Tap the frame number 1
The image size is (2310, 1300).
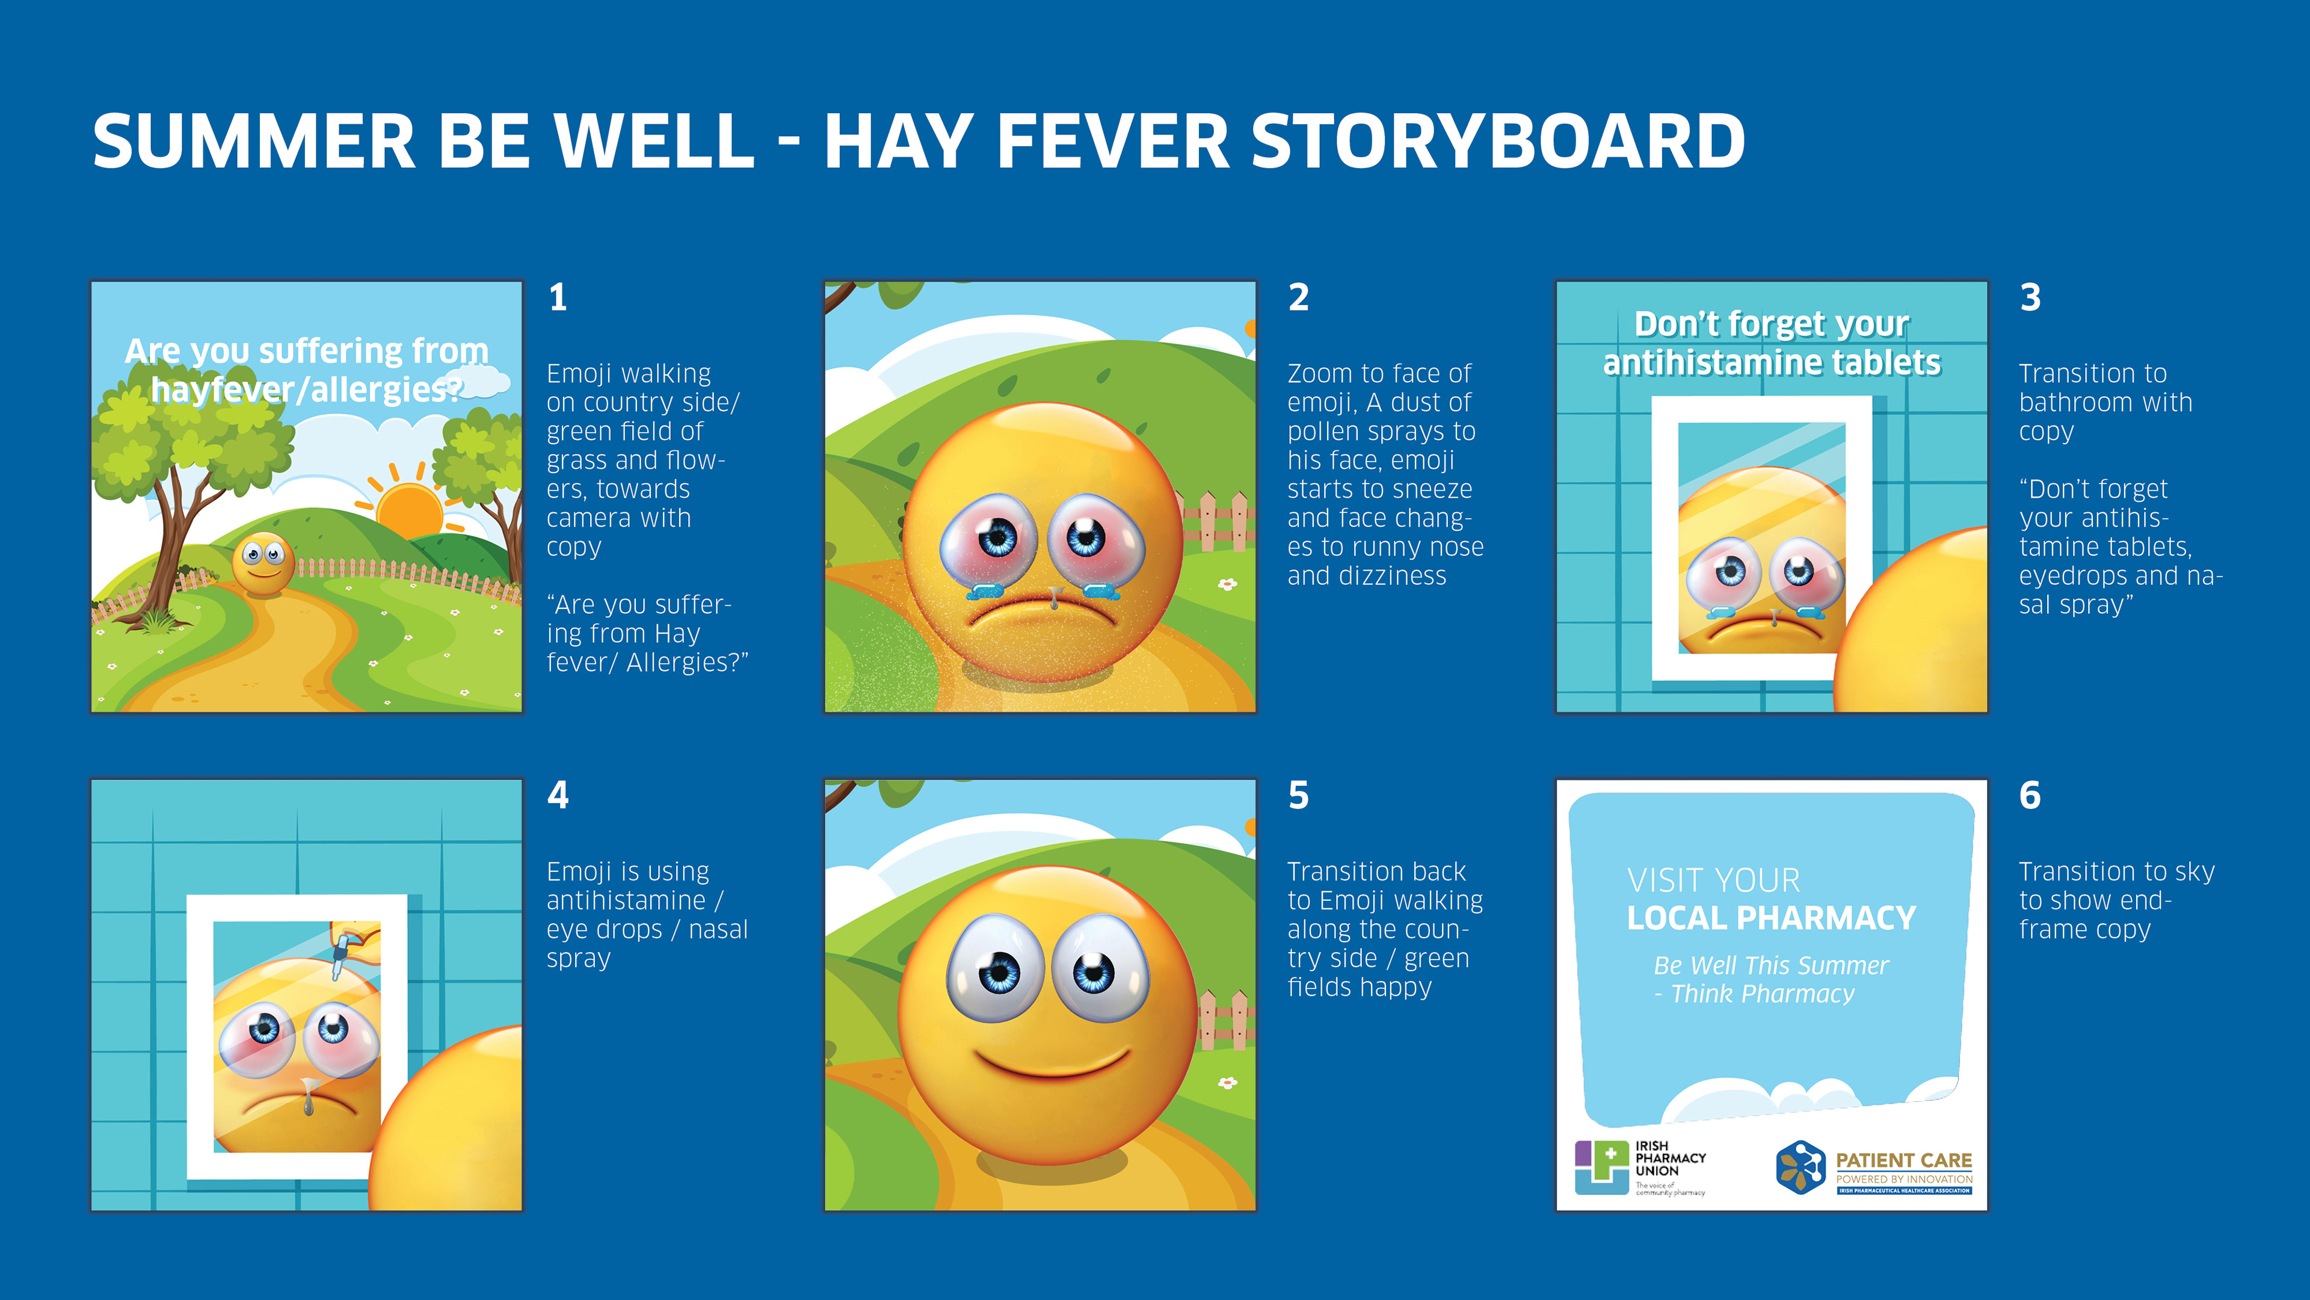[x=558, y=297]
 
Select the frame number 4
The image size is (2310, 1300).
[x=558, y=795]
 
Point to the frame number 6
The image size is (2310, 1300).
[x=2030, y=795]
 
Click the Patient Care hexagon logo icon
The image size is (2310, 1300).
[x=1800, y=1167]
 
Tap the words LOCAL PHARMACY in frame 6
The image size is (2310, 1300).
[x=1771, y=918]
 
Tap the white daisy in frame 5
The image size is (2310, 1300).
[x=1227, y=1083]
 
